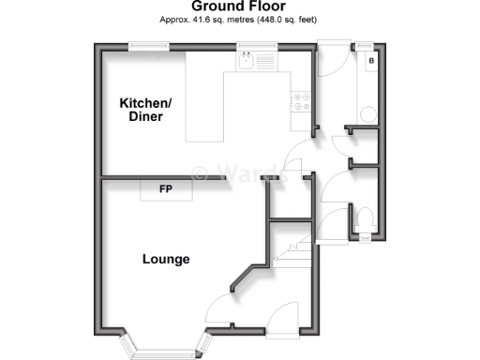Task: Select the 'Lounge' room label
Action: pyautogui.click(x=166, y=259)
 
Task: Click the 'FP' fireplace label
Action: pyautogui.click(x=165, y=190)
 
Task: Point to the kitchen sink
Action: pyautogui.click(x=246, y=61)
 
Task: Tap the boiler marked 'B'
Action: pyautogui.click(x=372, y=61)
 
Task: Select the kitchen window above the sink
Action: pyautogui.click(x=250, y=44)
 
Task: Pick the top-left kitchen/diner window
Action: pyautogui.click(x=142, y=44)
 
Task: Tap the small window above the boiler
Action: pyautogui.click(x=366, y=44)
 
